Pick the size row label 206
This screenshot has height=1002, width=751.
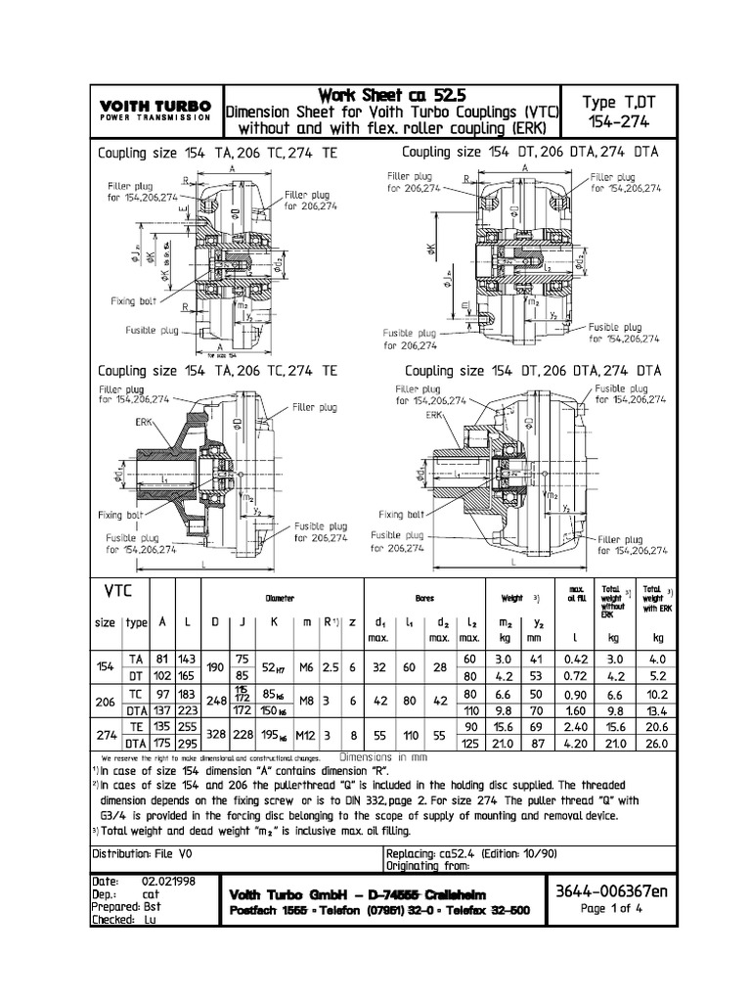pyautogui.click(x=106, y=703)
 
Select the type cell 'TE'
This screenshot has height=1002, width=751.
pyautogui.click(x=137, y=729)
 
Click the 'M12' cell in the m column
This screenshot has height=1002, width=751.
pyautogui.click(x=306, y=736)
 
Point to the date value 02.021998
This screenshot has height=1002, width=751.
pyautogui.click(x=170, y=881)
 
